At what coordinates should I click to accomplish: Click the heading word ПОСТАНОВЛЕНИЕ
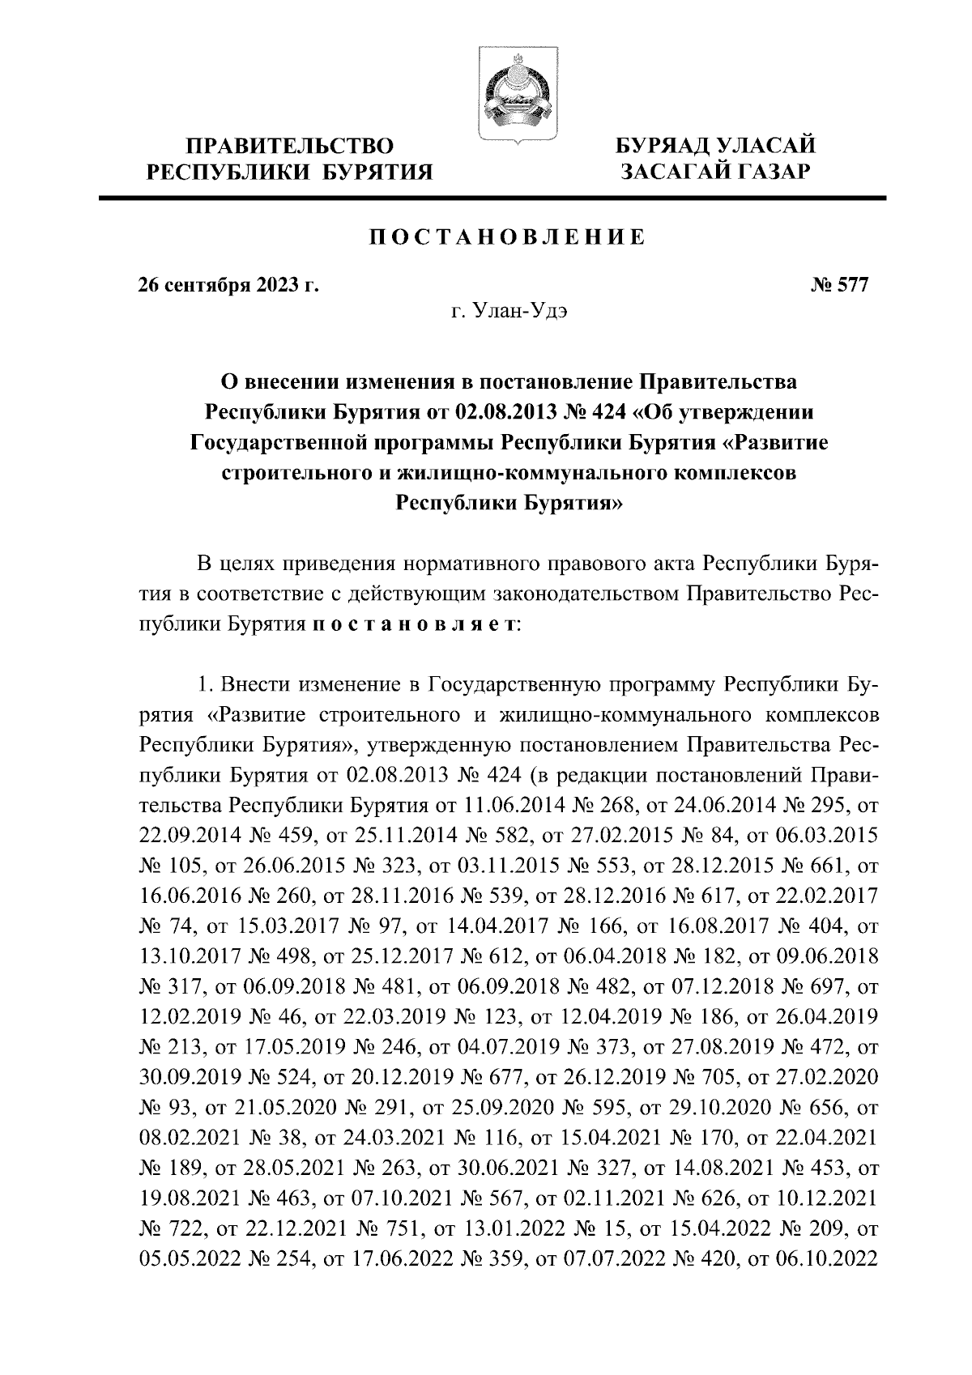coord(508,237)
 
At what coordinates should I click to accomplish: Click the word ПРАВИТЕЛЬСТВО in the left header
coord(290,147)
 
